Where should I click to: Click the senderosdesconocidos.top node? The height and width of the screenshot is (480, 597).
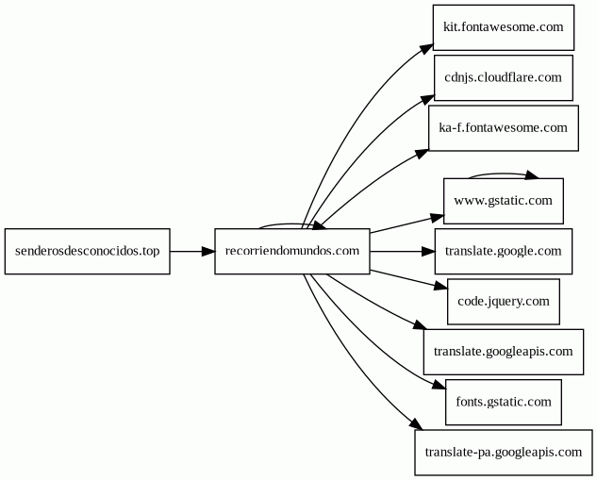(x=87, y=251)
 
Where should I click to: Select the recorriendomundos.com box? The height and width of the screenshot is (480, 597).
(x=292, y=251)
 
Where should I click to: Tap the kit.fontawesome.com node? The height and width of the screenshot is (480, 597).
(x=504, y=27)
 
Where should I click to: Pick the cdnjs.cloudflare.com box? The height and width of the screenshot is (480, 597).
(x=504, y=77)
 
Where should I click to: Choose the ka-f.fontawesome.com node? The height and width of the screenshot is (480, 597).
(x=504, y=128)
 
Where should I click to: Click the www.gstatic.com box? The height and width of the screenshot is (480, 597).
(x=504, y=201)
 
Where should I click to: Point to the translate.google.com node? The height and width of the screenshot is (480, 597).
(x=504, y=251)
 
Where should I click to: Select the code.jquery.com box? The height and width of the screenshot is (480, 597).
(x=504, y=302)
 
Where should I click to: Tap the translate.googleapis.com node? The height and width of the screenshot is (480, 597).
(x=504, y=352)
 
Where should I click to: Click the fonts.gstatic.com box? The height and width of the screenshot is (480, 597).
(x=504, y=402)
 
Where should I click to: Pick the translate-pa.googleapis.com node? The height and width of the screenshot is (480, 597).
(x=504, y=453)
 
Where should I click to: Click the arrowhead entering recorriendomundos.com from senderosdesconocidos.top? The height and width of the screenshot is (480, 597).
(x=208, y=251)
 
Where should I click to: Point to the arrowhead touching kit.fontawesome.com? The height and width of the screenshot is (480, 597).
(x=427, y=49)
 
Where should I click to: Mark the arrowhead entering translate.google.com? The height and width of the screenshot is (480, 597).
(x=428, y=251)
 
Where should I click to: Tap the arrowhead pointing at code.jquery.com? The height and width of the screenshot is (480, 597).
(x=440, y=286)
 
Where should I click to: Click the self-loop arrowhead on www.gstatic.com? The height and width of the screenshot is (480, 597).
(x=532, y=175)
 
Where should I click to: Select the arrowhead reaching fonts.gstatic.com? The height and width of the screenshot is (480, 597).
(x=439, y=385)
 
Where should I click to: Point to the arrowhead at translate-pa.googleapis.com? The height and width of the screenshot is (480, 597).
(x=417, y=424)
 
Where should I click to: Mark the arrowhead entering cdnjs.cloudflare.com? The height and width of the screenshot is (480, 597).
(x=428, y=99)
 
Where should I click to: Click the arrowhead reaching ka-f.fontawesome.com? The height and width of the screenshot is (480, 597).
(x=423, y=154)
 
